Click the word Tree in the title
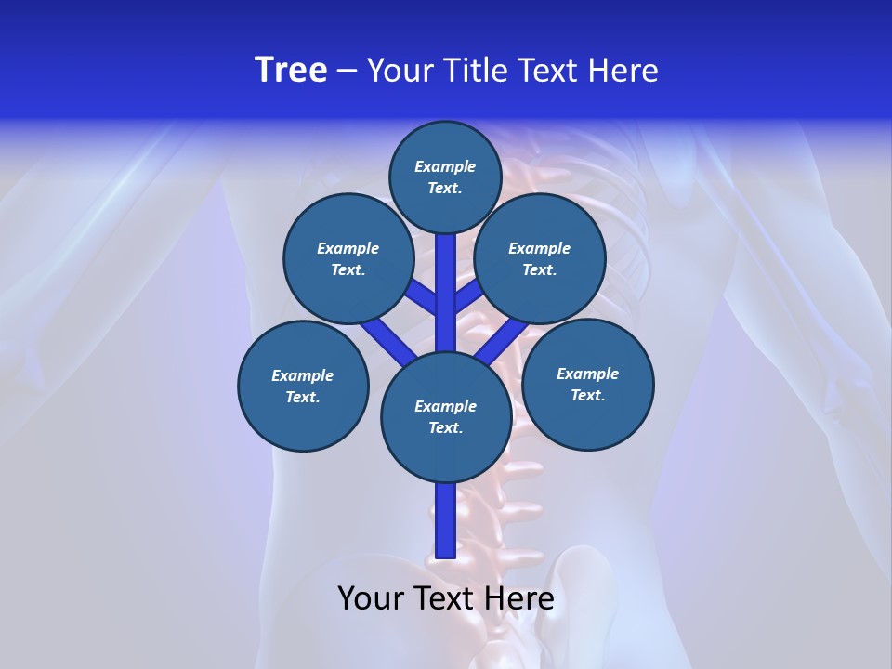click(x=291, y=71)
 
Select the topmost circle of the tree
click(x=445, y=177)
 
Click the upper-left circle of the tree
click(x=348, y=258)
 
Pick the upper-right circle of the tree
click(x=540, y=258)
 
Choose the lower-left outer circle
click(x=303, y=386)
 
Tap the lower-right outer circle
click(x=588, y=384)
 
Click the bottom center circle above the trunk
click(x=445, y=417)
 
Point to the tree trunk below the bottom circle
click(x=445, y=520)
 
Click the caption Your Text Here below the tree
click(x=445, y=598)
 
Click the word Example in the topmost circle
click(x=445, y=166)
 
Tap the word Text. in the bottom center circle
click(x=445, y=428)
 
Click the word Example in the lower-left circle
click(x=303, y=375)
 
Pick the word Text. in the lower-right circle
click(x=588, y=395)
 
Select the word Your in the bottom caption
click(x=371, y=598)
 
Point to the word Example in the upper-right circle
click(x=540, y=248)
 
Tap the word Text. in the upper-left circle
click(x=348, y=269)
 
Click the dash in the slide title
click(x=348, y=72)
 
